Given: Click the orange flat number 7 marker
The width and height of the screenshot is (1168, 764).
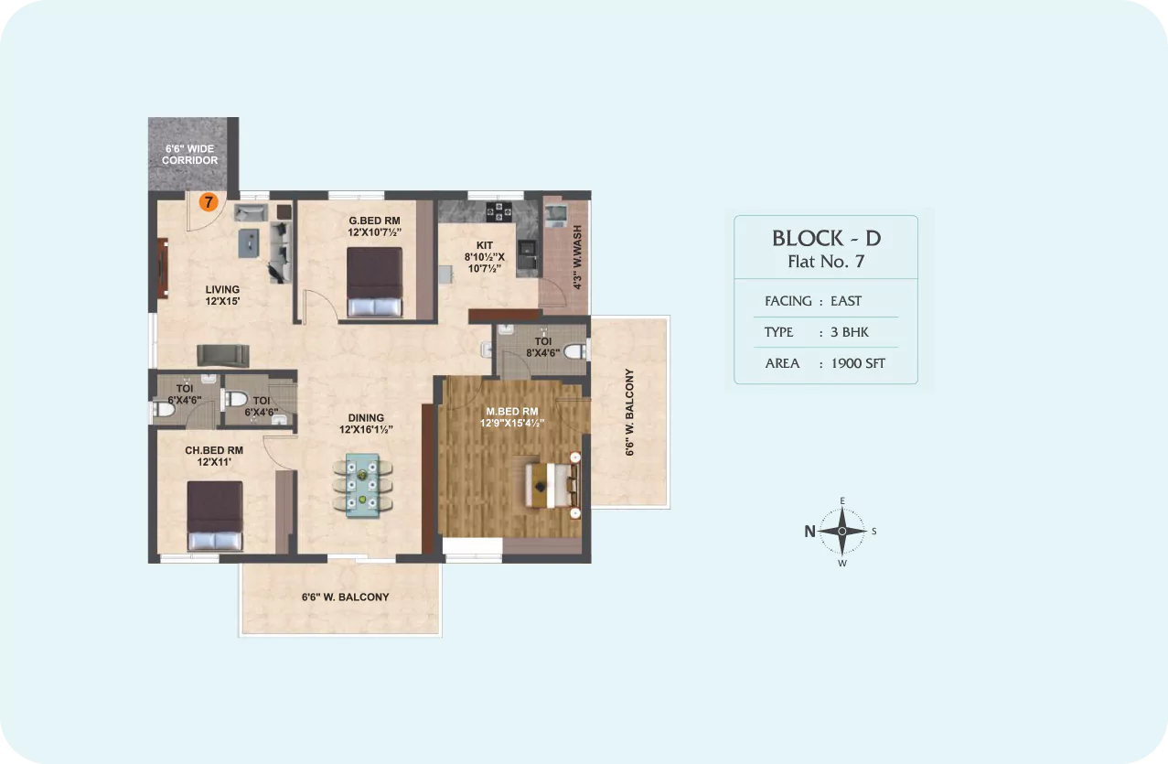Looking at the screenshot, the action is pos(209,202).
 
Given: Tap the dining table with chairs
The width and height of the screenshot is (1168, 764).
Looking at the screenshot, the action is pos(362,486).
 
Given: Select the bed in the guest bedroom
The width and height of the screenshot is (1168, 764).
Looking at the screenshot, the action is pos(374,282).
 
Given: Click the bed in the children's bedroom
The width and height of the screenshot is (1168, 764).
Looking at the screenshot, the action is pos(215,516).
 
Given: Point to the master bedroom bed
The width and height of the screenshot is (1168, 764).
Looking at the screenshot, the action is pos(552,485).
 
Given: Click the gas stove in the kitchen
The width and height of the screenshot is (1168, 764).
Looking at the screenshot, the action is pos(499,211).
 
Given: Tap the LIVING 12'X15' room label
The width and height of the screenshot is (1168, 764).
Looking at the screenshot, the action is pos(222,296).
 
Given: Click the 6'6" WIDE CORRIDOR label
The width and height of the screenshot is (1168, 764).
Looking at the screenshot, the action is pos(190,155).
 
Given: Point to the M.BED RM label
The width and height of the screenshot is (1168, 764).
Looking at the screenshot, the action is pos(512,412).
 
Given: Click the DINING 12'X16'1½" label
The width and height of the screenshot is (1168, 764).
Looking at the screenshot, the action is pos(366,424).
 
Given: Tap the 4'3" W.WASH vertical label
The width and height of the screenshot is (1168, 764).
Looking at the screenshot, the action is pos(577,257).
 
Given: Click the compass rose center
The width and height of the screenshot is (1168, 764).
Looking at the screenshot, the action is pos(842,531).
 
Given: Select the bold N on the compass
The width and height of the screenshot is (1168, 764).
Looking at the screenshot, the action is pos(809,532).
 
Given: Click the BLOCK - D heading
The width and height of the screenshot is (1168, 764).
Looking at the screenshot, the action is pos(827,238).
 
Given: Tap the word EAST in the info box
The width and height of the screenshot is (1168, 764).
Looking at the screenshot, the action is pos(846,301).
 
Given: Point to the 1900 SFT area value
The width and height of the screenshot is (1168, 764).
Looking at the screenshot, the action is pos(858,363).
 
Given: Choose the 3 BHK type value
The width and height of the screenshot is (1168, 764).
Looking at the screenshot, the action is pos(850,332).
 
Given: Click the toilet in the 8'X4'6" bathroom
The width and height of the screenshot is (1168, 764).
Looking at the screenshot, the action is pos(575,350).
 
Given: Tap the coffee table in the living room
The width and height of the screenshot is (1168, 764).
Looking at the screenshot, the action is pos(249,243).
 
